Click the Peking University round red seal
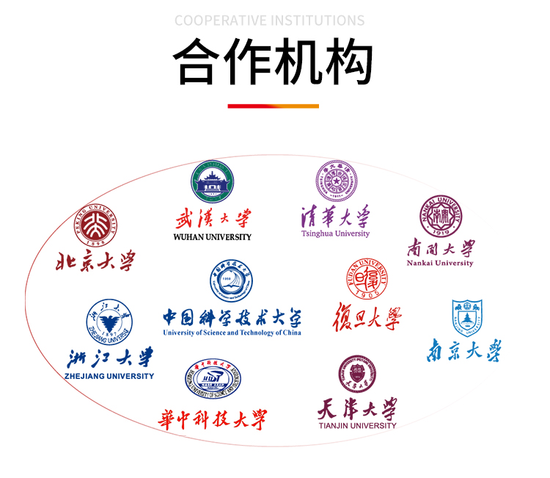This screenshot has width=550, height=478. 95,224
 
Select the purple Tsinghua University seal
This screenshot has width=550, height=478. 337,181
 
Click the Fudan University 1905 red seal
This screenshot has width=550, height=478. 367,279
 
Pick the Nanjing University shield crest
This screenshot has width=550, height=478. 467,316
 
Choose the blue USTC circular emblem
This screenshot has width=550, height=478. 231,282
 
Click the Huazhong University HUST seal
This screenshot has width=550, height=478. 213,380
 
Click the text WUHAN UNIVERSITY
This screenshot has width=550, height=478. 213,237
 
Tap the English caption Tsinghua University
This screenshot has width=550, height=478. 335,233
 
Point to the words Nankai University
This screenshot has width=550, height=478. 441,263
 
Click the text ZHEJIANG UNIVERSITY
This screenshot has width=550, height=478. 109,376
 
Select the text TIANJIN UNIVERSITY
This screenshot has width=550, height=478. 357,425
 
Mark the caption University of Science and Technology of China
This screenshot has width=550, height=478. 232,333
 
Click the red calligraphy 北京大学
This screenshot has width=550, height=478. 96,261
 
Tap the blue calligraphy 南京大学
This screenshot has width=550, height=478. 464,350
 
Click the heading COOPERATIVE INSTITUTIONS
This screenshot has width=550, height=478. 270,20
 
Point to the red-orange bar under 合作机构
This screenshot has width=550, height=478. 273,106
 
